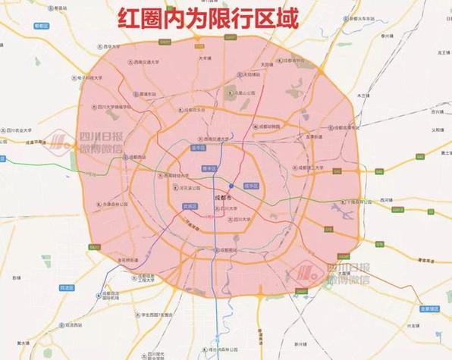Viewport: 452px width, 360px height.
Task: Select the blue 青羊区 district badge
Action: pos(210,168)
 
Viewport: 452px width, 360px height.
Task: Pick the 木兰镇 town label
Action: pos(363,96)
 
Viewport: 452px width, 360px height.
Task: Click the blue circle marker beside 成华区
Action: pos(232,186)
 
